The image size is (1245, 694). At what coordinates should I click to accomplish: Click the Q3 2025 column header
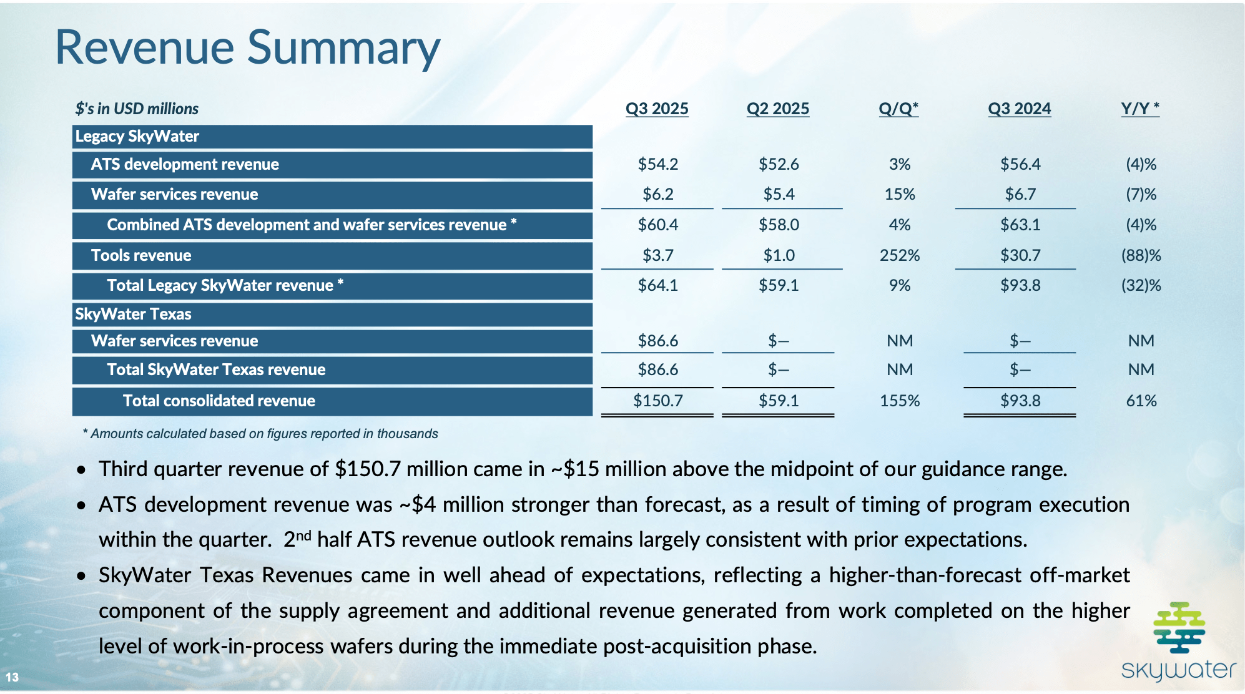coord(657,109)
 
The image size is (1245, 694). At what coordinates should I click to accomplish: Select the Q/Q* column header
coord(898,109)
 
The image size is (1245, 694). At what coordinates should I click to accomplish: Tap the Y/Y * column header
coord(1140,109)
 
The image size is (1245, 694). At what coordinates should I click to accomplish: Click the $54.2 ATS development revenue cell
coord(657,164)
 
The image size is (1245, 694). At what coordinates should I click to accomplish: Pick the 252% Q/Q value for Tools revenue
coord(900,255)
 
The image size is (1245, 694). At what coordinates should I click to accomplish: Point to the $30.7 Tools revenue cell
coord(1020,255)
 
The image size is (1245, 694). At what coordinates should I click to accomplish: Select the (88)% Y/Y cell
coord(1141,255)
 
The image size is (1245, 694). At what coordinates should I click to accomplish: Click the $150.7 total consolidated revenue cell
coord(657,401)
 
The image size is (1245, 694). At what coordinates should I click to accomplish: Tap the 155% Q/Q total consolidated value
coord(900,401)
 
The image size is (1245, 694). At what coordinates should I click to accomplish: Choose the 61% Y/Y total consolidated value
coord(1141,401)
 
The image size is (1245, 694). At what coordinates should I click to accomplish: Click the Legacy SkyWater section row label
coord(137,136)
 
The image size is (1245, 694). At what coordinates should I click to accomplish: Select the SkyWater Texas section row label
coord(133,314)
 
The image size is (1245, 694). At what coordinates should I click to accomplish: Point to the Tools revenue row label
coord(141,255)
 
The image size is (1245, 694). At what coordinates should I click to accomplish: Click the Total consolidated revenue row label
coord(219,401)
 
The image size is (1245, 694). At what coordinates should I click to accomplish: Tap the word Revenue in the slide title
coord(144,47)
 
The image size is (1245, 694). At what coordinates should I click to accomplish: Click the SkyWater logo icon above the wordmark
coord(1179,627)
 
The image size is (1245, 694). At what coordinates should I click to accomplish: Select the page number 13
coord(12,677)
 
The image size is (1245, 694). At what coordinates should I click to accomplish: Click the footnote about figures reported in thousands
coord(261,434)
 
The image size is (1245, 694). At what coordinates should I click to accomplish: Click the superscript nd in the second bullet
coord(303,535)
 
